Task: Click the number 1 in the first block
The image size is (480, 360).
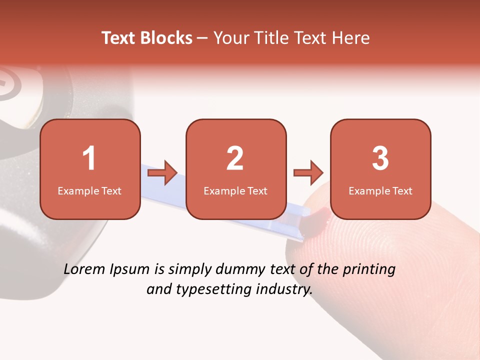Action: tap(89, 158)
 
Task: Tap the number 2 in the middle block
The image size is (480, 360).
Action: tap(235, 158)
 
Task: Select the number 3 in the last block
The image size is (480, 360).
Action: tap(380, 158)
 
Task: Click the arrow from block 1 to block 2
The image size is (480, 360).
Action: tap(163, 173)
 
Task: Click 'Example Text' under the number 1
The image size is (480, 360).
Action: tap(89, 190)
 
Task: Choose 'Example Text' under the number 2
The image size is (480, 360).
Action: tap(235, 190)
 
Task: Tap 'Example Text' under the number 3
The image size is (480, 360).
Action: tap(380, 190)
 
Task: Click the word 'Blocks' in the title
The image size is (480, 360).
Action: tap(166, 38)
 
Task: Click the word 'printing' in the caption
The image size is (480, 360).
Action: tap(368, 270)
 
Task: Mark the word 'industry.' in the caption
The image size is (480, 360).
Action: tap(285, 289)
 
